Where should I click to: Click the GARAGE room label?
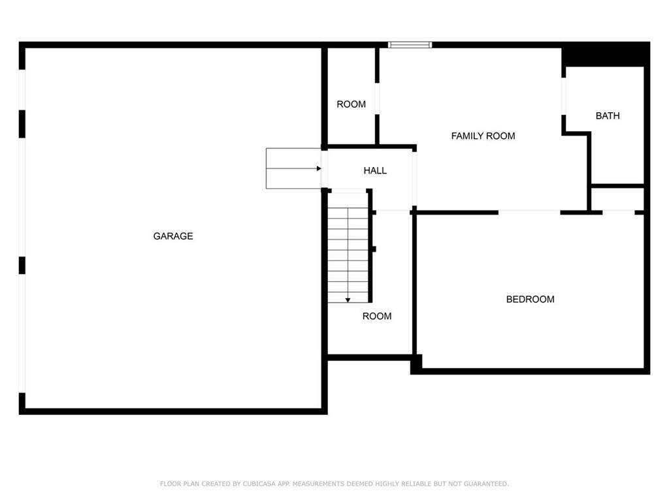(x=172, y=236)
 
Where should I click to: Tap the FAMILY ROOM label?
(x=483, y=136)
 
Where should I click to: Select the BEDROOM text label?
(x=530, y=299)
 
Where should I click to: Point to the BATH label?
(x=608, y=115)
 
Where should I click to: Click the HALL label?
(x=375, y=170)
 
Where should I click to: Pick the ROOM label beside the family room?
(x=351, y=104)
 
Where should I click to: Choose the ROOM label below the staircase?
(x=377, y=316)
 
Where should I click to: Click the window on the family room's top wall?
(x=410, y=45)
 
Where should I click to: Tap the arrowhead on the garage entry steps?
(x=319, y=169)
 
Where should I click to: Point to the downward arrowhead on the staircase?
(x=348, y=300)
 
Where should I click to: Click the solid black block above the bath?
(x=606, y=54)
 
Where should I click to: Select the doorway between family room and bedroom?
(x=529, y=212)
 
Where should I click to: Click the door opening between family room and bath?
(x=564, y=97)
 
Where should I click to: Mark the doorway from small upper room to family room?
(x=377, y=99)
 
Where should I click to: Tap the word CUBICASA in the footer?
(x=259, y=483)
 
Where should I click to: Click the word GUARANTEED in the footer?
(x=486, y=483)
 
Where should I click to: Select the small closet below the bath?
(x=617, y=199)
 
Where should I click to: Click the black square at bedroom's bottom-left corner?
(x=416, y=364)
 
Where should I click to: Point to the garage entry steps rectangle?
(x=293, y=168)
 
